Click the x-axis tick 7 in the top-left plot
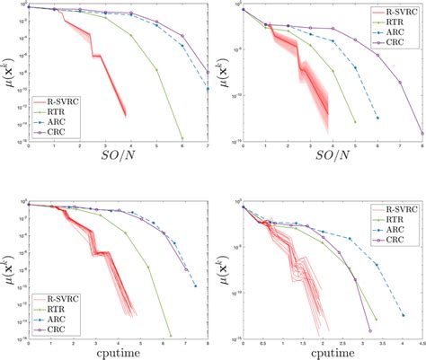point(208,145)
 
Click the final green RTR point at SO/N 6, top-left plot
point(182,138)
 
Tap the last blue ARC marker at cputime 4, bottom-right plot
point(401,319)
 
